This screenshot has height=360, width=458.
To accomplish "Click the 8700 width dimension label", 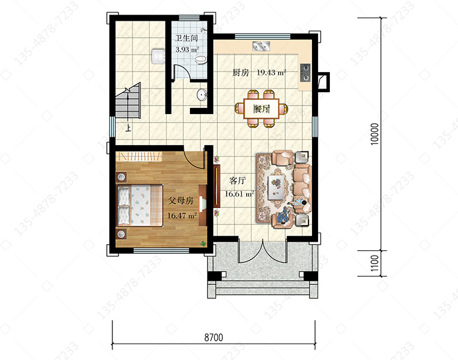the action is point(214,337).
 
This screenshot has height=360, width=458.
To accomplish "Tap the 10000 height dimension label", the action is point(374,134).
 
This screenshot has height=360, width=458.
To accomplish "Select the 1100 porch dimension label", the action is point(374,263).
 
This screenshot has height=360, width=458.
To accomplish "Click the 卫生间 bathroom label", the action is point(186,38).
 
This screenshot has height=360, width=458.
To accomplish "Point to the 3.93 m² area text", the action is point(187,49).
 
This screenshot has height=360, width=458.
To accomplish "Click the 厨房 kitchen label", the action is point(241,72).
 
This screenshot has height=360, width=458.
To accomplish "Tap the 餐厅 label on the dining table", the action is point(262,109).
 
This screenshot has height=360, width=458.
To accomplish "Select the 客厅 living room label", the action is point(238,181).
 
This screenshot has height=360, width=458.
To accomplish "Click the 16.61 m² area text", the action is point(239,193).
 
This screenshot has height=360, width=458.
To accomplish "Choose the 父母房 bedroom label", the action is point(181,201).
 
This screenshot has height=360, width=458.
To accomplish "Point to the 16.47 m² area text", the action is point(182,216).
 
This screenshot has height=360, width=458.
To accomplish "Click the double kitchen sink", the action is point(261,46).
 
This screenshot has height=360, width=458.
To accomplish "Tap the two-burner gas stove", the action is point(305,73).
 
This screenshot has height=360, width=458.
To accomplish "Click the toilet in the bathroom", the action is point(200,60).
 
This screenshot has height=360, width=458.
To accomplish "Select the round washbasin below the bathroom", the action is point(202,95).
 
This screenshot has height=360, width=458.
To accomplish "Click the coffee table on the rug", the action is point(275,187).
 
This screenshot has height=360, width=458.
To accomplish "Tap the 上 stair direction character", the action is point(128,128).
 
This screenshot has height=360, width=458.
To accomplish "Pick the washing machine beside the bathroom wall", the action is point(158,56).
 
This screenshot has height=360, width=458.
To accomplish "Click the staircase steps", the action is point(128,101).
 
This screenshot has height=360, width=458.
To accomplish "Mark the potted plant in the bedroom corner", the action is point(203,243).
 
